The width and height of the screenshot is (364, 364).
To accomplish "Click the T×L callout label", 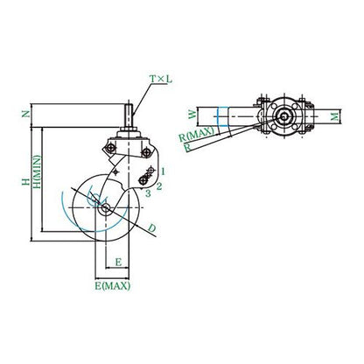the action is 161,79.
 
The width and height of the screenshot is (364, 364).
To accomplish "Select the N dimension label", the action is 26,114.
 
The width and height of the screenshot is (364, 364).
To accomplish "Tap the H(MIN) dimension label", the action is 38,171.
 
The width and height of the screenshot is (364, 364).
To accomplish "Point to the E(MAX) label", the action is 112,286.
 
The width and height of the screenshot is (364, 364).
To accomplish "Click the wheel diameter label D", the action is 152,228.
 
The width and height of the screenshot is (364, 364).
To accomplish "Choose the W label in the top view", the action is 192,114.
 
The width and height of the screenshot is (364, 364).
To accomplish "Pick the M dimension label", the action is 335,116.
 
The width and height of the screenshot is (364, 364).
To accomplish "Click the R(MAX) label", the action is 196,136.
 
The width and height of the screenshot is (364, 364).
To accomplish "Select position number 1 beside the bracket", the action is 163,171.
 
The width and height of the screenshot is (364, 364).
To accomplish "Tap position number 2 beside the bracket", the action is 159,186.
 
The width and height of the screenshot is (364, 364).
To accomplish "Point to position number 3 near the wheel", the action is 148,193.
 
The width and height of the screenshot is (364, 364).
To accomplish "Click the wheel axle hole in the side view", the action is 106,207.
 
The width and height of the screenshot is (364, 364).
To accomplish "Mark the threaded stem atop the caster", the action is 129,115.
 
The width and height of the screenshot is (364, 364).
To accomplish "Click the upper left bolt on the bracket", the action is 111,149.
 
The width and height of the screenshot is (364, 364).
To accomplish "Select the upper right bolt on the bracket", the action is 145,152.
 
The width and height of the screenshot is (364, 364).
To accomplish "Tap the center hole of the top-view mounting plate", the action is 283,116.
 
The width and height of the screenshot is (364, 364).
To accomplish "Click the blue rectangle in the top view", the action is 223,117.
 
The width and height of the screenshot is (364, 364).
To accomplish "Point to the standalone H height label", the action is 25,182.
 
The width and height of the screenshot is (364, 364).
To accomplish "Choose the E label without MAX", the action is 118,262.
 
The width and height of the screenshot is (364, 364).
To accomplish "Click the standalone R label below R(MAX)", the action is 188,148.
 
